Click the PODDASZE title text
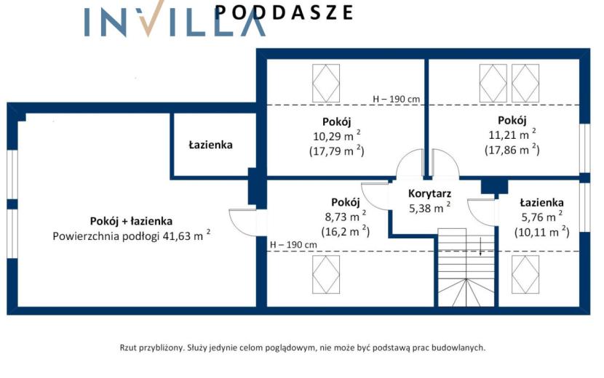pos(284,12)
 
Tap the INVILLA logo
pos(175,19)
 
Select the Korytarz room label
pos(429,193)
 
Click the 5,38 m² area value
pos(429,208)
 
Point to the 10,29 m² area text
pos(337,136)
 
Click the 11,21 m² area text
pos(512,134)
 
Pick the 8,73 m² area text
pos(346,217)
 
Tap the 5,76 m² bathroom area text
pos(542,217)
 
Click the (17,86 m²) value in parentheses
pos(512,149)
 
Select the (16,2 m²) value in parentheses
pos(346,231)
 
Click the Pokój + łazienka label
pos(131,221)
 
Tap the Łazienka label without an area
pos(211,145)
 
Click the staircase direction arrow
pos(481,246)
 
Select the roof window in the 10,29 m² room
pos(326,84)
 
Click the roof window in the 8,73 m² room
pos(326,275)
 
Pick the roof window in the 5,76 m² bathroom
pos(525,275)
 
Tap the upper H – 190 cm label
pos(397,99)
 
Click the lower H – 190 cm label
pos(293,244)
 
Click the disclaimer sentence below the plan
pos(303,348)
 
